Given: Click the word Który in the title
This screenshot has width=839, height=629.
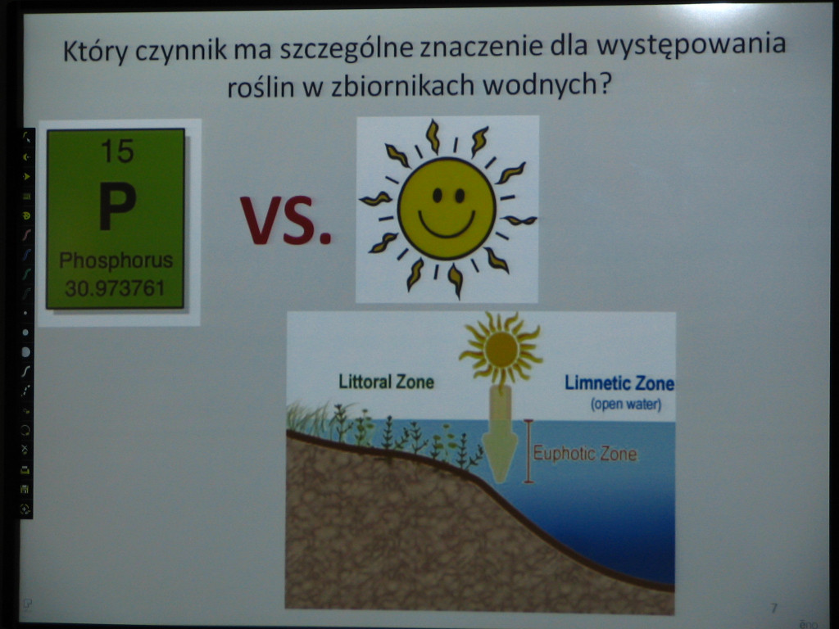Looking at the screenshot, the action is point(95,52).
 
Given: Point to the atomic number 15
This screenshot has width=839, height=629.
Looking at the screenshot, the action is point(117,151).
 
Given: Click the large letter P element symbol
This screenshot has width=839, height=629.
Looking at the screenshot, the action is point(117,206).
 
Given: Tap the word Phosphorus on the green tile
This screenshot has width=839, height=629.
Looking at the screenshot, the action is point(116,260).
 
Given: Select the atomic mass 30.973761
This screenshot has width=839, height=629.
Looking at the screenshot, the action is point(115,288).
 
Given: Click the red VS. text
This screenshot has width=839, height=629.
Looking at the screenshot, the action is point(286,219).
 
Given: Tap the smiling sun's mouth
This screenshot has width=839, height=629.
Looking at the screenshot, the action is point(447,224).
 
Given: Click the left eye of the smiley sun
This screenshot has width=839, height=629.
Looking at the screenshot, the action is point(438,196).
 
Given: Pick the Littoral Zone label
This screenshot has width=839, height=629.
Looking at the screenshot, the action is point(386,382).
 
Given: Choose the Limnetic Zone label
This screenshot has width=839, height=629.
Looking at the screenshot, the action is point(619,383).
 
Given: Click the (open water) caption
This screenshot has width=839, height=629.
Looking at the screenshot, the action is point(626,405).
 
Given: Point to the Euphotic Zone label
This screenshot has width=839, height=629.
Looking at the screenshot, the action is point(585,454).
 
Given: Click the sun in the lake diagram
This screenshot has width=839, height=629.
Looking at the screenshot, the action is point(501,349).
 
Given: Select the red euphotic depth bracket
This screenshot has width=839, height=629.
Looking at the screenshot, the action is point(528,451).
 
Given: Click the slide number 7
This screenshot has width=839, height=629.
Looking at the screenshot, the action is point(773,609).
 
